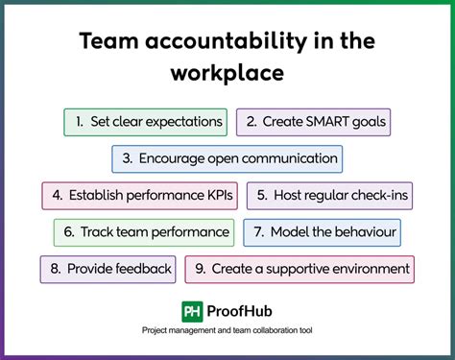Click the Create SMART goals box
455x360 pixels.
[313, 123]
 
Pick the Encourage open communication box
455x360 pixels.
[227, 158]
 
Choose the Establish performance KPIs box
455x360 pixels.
[140, 195]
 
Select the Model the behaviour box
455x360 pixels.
[322, 231]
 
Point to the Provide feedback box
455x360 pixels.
[108, 269]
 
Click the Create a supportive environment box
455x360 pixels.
[299, 269]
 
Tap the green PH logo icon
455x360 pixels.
[192, 311]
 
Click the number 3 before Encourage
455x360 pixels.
[127, 158]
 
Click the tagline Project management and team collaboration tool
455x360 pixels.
[227, 331]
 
